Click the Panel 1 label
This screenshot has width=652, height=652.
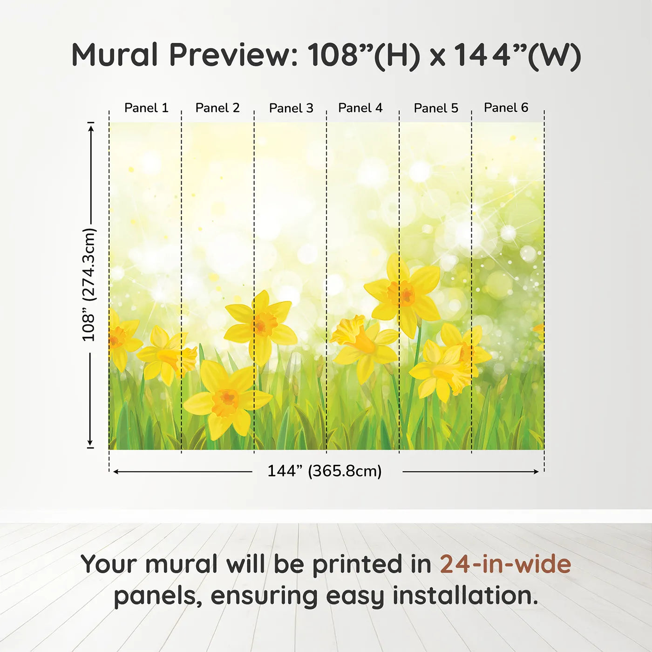pos(146,108)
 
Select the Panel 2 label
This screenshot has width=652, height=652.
pos(217,108)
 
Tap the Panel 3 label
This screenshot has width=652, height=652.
pos(291,108)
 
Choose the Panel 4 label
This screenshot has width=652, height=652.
pos(360,108)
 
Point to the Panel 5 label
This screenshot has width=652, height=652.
pos(436,108)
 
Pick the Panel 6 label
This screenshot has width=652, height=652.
pos(506,107)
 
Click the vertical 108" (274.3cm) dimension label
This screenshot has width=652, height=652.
pos(89,285)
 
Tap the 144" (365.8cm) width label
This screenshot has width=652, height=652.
pos(325,471)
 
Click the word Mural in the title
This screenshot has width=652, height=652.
pos(115,54)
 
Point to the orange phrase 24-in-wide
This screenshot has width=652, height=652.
pos(505,564)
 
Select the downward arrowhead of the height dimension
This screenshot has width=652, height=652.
pos(90,442)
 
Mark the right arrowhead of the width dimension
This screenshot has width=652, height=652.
pos(536,472)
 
